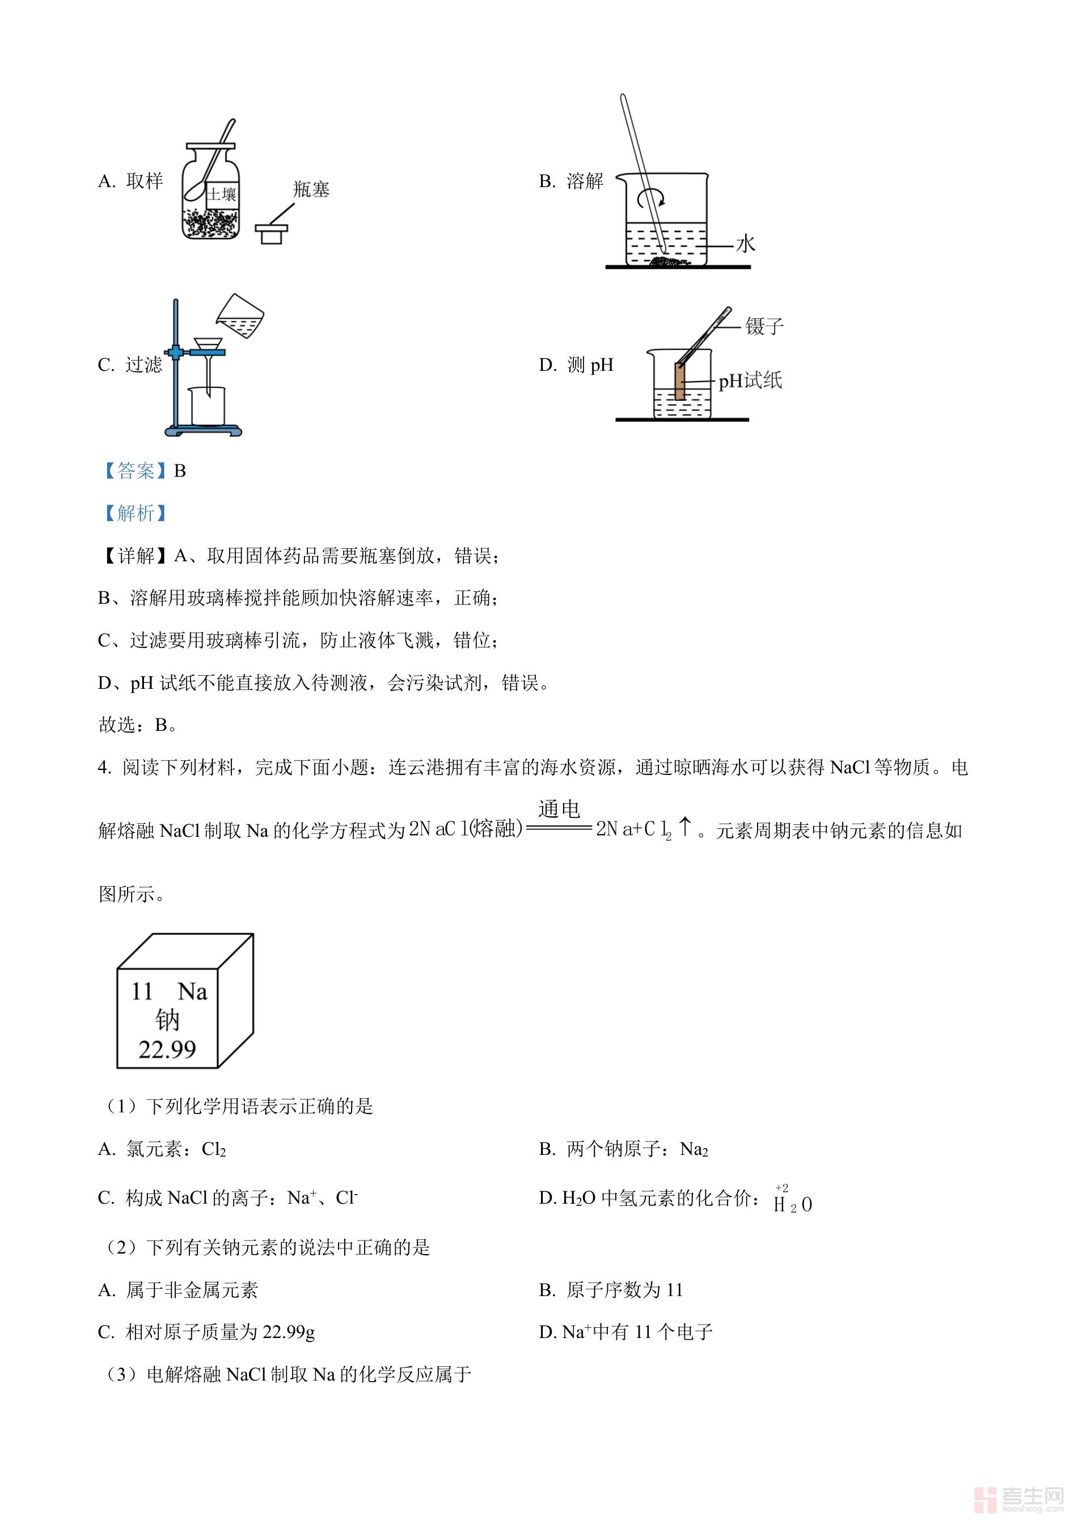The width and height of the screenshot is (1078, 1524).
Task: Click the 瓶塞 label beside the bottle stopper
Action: [311, 190]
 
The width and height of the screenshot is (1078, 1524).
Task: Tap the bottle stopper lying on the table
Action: [272, 233]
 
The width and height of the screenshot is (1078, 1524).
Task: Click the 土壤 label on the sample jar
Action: [222, 194]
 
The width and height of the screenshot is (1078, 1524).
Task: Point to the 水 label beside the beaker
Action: [746, 244]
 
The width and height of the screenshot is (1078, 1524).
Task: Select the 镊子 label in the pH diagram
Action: [764, 327]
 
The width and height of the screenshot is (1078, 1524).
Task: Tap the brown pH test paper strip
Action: [680, 381]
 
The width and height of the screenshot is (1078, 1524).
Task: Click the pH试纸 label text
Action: [750, 381]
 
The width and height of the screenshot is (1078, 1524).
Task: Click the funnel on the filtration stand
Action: [209, 346]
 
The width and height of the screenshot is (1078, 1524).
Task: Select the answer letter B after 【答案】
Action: [180, 471]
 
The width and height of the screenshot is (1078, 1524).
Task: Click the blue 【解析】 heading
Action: [135, 513]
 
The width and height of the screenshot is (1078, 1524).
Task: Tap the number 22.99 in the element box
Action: [167, 1050]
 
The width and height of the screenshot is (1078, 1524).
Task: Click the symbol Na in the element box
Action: [192, 992]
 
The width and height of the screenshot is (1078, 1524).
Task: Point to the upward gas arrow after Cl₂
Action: [684, 827]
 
